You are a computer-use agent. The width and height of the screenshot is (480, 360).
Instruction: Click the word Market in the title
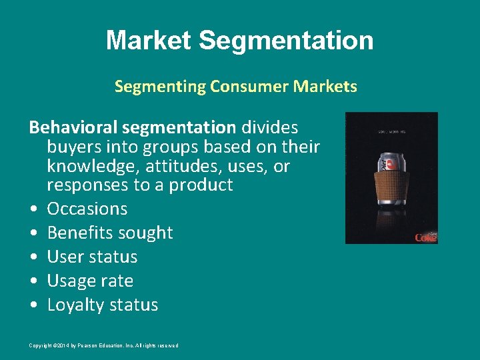point(148,41)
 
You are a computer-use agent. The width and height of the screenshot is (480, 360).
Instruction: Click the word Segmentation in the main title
point(286,41)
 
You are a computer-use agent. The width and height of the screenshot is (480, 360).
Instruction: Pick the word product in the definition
point(200,185)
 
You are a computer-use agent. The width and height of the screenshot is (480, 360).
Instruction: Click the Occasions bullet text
point(87,209)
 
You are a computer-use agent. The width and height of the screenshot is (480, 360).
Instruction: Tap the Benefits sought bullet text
point(110,233)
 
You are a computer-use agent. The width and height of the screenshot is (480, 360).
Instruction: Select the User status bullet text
point(92,257)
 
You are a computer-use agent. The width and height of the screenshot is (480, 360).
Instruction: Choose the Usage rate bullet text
point(90,281)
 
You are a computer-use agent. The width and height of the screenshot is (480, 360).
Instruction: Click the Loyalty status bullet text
point(103,305)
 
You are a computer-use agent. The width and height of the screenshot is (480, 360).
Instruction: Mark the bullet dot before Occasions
point(33,209)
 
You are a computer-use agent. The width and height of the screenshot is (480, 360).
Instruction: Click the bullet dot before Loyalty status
point(33,305)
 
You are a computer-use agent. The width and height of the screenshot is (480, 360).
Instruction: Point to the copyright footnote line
point(103,345)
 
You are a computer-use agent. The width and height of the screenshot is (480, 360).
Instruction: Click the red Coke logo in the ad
point(425,237)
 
